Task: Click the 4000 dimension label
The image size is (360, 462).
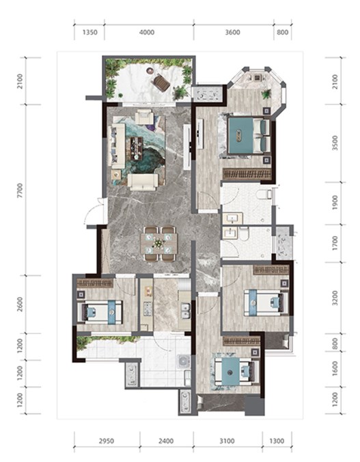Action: click(x=147, y=32)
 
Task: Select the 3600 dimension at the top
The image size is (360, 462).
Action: click(x=232, y=32)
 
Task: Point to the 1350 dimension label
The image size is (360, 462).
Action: click(x=89, y=32)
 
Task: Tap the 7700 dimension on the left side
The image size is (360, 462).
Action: click(x=20, y=190)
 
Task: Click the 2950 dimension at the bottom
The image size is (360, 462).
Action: click(x=106, y=441)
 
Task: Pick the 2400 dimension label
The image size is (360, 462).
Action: click(x=166, y=441)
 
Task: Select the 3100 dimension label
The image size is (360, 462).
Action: click(x=227, y=441)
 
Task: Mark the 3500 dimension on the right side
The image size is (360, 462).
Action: click(x=335, y=143)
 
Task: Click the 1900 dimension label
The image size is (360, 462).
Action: click(x=335, y=203)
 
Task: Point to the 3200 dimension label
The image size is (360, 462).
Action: click(x=335, y=298)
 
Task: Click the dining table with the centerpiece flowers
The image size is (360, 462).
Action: click(x=159, y=243)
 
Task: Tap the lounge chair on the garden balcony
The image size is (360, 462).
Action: click(x=161, y=82)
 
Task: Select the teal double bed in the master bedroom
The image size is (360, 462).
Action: click(x=249, y=136)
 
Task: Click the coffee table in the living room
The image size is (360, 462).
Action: click(x=135, y=149)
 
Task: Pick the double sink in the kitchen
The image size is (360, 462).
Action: click(x=185, y=311)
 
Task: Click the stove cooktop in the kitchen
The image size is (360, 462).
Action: click(x=147, y=308)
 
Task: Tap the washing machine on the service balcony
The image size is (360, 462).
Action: click(x=182, y=360)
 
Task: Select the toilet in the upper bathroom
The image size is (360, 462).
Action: click(x=264, y=194)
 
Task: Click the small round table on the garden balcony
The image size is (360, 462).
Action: click(x=150, y=70)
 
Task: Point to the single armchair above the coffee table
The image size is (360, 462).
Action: click(x=144, y=117)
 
